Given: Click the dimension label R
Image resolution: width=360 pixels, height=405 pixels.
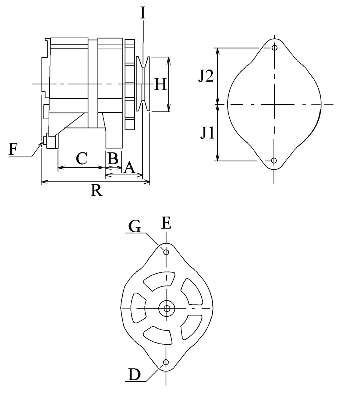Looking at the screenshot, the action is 97,191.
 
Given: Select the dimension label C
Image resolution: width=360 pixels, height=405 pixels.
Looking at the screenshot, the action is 82,158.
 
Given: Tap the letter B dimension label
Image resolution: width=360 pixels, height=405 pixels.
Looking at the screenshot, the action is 113,158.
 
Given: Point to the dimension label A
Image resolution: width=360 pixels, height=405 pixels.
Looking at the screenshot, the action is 129,168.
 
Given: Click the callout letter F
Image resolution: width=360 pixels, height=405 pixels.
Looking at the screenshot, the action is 13,149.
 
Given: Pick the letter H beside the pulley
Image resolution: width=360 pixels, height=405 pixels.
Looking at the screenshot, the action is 160,84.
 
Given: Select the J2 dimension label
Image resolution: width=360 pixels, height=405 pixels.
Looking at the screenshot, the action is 206,76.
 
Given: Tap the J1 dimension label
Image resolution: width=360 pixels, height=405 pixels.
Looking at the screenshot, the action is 207,133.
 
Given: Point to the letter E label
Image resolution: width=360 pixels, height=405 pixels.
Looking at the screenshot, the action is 166,223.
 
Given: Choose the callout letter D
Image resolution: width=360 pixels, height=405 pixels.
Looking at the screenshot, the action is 134,374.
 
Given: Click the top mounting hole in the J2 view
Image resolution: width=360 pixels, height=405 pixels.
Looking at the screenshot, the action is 275,48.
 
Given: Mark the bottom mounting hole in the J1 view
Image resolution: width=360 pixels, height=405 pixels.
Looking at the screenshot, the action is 274,161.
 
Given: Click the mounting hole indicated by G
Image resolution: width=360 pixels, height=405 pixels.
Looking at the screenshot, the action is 166,252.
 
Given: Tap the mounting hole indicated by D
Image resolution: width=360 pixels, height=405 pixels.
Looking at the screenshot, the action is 166,362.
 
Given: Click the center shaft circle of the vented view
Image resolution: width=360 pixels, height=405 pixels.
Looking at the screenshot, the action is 167,308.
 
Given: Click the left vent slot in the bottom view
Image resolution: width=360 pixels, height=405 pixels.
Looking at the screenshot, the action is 138,308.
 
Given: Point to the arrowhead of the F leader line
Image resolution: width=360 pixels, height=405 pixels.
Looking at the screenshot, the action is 42,143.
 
